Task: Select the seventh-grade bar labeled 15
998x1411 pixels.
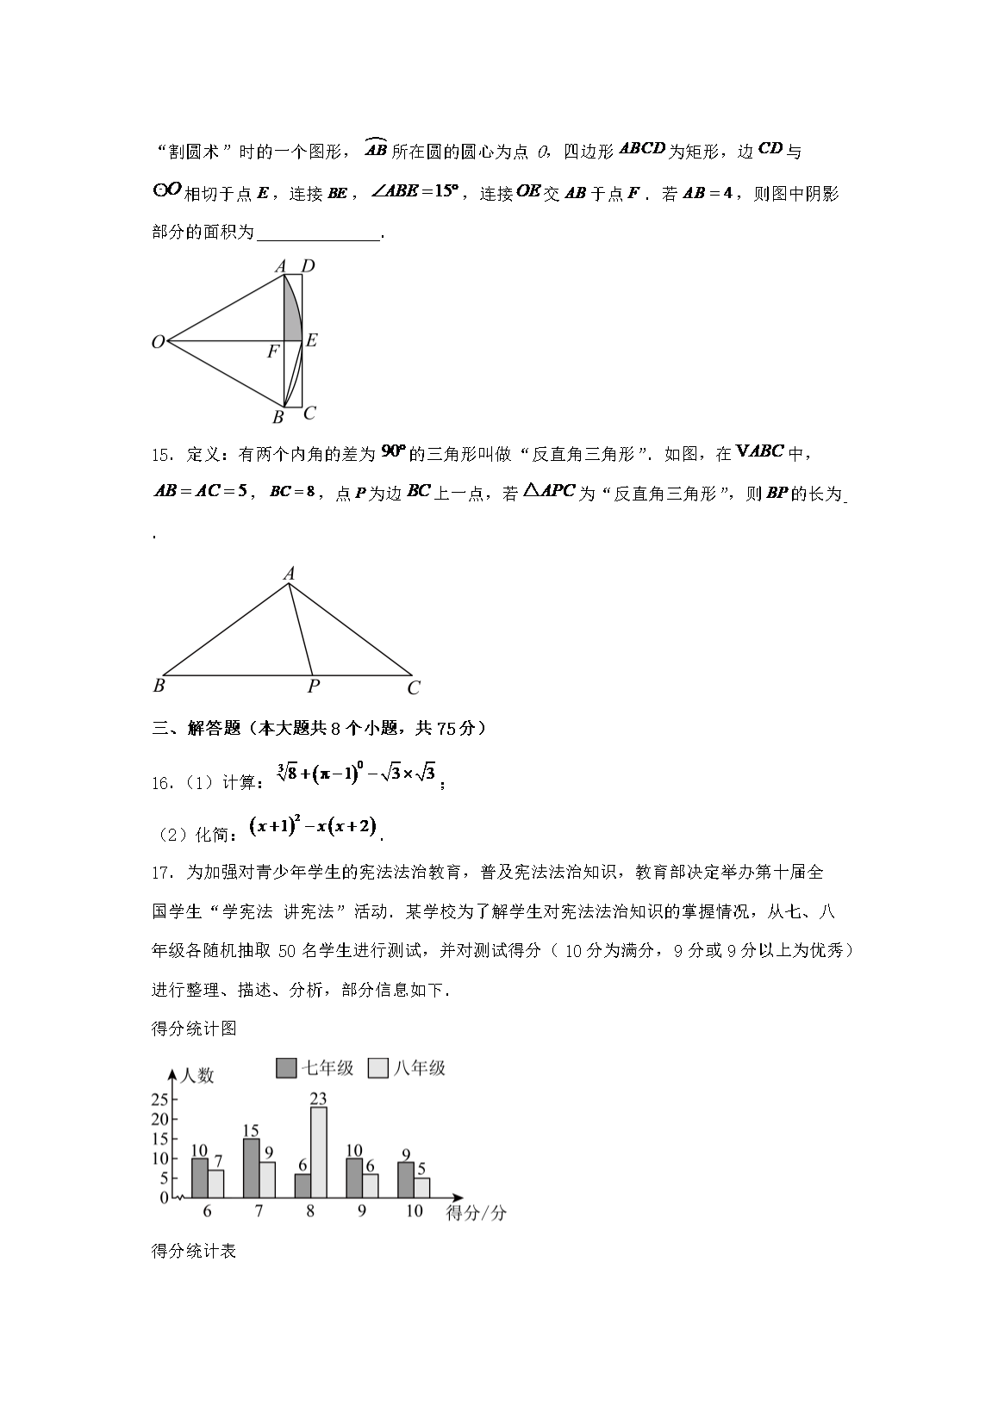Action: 252,1168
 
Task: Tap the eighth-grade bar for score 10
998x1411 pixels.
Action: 421,1188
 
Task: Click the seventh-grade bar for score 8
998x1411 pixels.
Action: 303,1185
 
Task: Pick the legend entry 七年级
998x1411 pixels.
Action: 315,1068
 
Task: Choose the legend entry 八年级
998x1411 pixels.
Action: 407,1068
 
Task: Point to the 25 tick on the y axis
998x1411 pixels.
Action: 159,1100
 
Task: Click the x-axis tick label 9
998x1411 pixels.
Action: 362,1211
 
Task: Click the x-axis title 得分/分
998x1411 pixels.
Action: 477,1214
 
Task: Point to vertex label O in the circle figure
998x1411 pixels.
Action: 158,343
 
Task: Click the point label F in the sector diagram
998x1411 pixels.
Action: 273,351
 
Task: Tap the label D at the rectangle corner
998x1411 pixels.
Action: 308,266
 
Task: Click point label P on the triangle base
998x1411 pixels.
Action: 314,687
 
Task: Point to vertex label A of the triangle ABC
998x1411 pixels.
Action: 290,574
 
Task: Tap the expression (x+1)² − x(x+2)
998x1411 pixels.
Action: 314,827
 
